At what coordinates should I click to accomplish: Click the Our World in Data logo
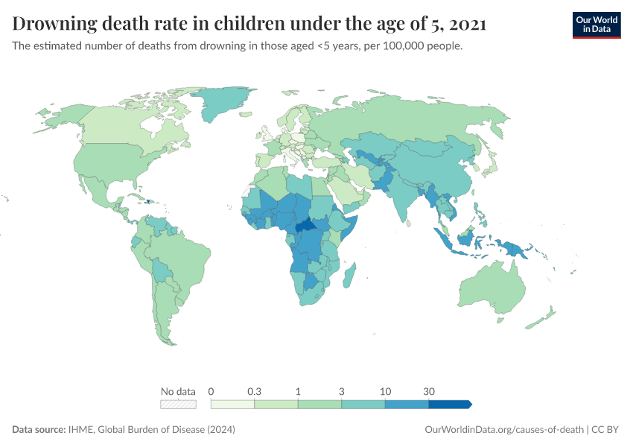click(596, 25)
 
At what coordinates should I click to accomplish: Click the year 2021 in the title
click(469, 24)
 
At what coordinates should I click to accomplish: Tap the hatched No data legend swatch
click(178, 404)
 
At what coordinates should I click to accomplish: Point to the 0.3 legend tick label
click(254, 391)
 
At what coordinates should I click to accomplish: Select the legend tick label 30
click(429, 391)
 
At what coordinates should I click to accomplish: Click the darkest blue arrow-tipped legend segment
click(449, 404)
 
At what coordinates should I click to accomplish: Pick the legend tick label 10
click(385, 391)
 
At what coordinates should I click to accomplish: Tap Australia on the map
click(492, 288)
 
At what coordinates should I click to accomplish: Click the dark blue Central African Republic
click(305, 228)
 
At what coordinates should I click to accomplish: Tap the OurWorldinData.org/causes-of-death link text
click(503, 430)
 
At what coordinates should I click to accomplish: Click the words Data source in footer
click(39, 430)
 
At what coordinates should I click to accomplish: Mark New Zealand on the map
click(542, 319)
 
